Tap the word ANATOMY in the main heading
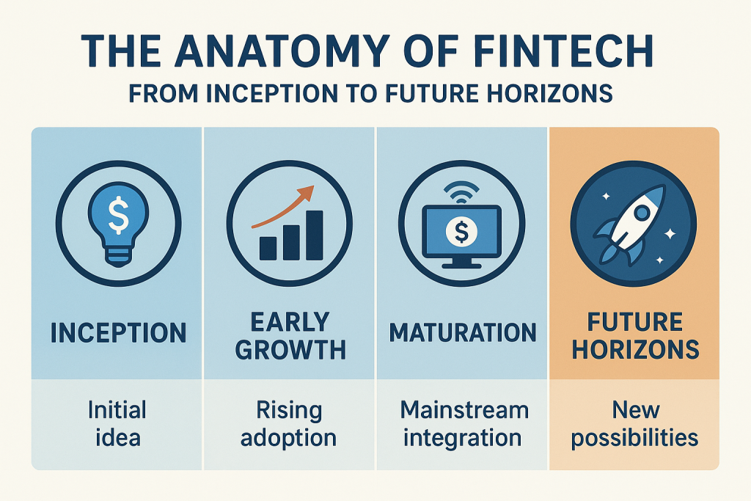(281, 51)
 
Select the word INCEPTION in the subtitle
(271, 93)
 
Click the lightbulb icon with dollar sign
(118, 224)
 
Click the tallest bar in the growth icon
(314, 235)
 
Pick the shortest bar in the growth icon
(268, 248)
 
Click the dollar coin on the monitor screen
(461, 232)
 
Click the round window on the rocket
(642, 213)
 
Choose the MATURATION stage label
(463, 332)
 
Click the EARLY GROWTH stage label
(290, 336)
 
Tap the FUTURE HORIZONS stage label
(636, 336)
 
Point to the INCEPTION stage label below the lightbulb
(118, 332)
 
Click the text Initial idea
(118, 424)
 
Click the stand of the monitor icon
(461, 263)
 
